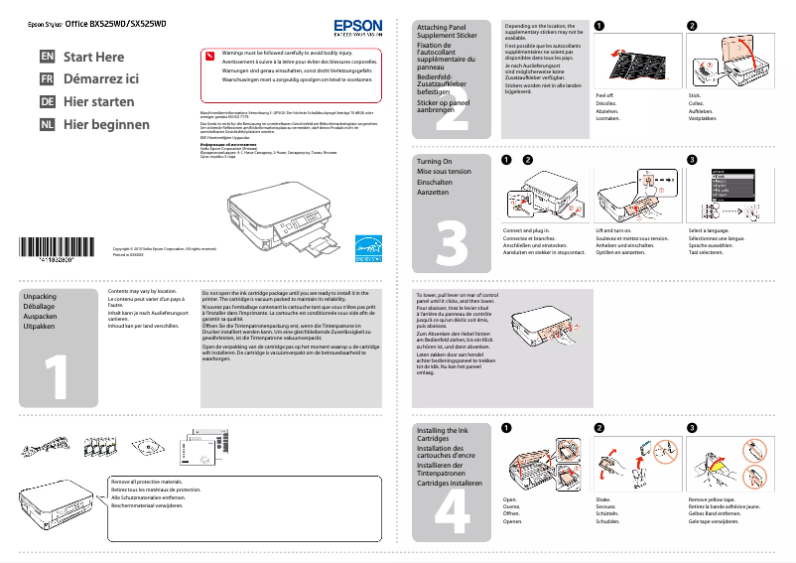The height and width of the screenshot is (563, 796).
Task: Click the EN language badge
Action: coord(48,58)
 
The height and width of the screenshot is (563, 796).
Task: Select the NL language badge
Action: coord(48,125)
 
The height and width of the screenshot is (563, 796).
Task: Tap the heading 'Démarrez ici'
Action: coord(101,79)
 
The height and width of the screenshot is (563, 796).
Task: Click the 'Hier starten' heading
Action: coord(100,102)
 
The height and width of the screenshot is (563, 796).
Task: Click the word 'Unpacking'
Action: coord(40,297)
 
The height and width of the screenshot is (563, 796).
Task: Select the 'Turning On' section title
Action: coord(434,161)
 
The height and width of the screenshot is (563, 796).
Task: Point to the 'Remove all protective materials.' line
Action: coord(148,482)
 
